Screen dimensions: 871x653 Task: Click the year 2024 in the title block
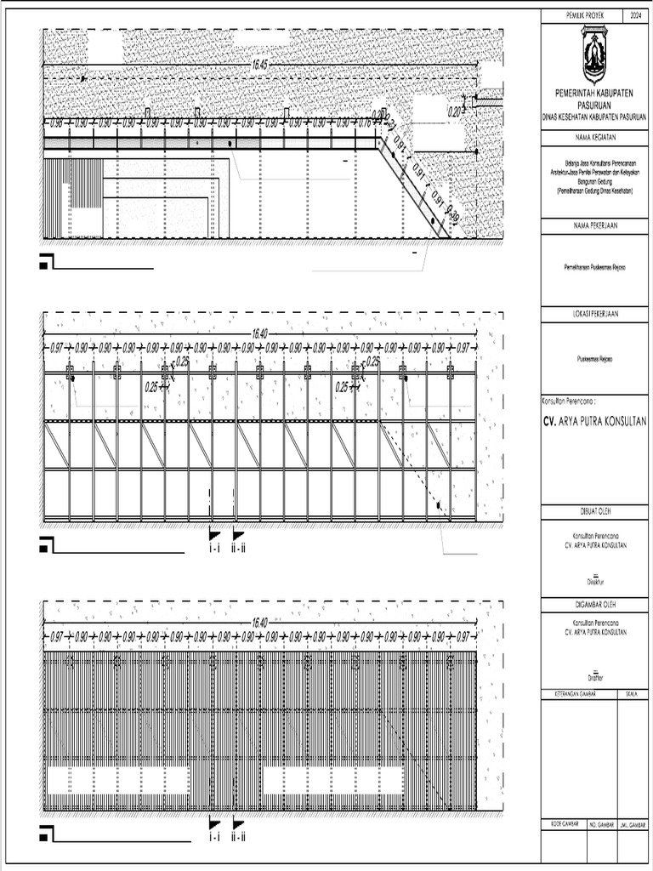point(638,16)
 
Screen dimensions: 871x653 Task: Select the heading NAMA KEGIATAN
point(593,136)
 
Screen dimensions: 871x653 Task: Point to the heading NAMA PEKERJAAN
point(593,225)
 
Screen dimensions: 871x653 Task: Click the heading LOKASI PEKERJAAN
point(593,314)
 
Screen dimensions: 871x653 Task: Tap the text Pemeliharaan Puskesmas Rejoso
point(593,267)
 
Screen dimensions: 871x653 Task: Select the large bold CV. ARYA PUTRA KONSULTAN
point(595,421)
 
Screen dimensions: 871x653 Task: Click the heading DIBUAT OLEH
point(593,510)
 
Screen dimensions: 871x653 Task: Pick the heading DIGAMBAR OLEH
point(593,603)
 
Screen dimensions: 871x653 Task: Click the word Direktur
point(593,583)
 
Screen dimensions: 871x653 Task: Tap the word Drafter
point(593,678)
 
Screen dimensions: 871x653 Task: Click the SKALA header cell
point(631,695)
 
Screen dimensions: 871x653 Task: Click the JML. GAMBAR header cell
point(633,825)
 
